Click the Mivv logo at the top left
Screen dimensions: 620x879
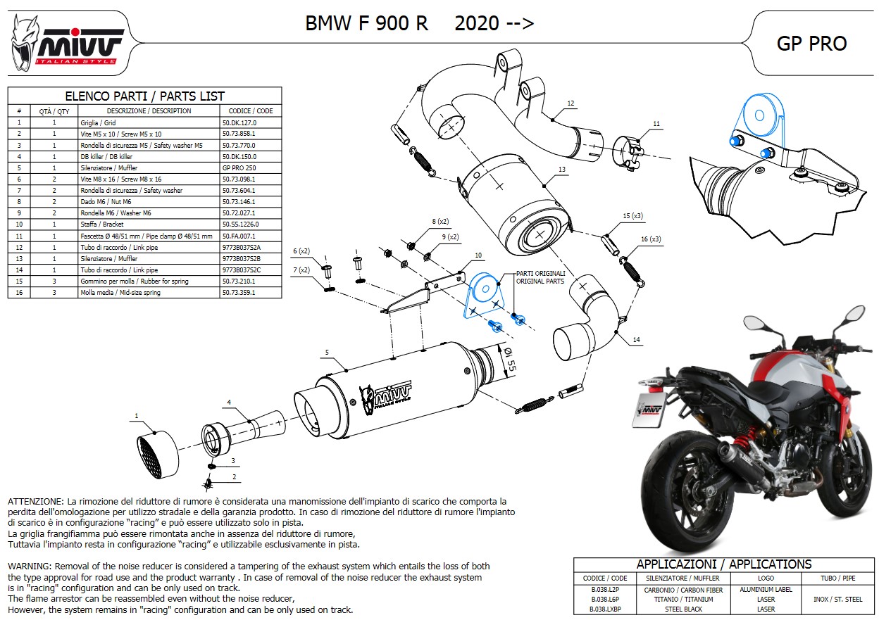[x=67, y=44]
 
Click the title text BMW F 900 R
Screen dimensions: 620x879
[x=366, y=24]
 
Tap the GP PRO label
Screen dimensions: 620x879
[x=811, y=44]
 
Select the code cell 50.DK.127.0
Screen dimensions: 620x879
[x=239, y=122]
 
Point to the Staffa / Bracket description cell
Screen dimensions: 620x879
[x=99, y=224]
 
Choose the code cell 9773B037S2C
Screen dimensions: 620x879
[x=242, y=270]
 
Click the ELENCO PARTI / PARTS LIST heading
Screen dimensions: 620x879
[x=144, y=96]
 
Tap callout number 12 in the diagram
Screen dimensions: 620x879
[x=571, y=103]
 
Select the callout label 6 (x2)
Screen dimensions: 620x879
[x=301, y=251]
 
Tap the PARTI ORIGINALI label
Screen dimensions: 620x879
[x=540, y=273]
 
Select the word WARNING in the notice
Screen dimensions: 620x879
[x=29, y=566]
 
